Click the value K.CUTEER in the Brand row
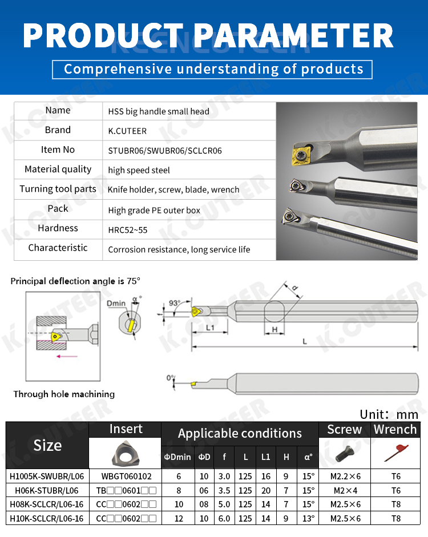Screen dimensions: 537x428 (127, 131)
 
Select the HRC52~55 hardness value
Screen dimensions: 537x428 (128, 230)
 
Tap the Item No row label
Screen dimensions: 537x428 (58, 150)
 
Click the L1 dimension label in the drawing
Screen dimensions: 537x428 (210, 328)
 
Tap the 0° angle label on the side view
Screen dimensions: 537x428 (171, 378)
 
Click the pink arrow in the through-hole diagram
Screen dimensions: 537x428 (68, 356)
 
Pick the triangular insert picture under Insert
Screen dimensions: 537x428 (124, 453)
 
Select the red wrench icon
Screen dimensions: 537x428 (395, 454)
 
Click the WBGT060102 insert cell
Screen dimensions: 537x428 (125, 475)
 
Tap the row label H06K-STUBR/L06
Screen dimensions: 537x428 (47, 490)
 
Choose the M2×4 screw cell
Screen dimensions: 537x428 (345, 490)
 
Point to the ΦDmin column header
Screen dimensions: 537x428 (177, 457)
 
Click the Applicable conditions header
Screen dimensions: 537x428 (240, 433)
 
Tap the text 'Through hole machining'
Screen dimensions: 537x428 (64, 394)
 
